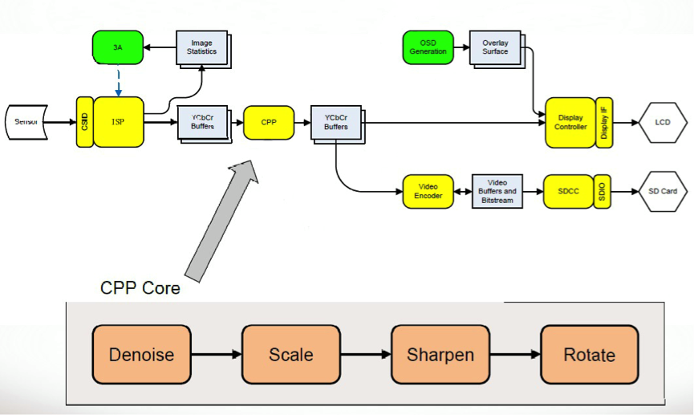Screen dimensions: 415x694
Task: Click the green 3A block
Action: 118,47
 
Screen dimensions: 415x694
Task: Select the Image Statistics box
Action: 201,48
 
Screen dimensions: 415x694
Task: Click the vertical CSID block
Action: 84,122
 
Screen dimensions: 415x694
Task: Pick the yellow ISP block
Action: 118,122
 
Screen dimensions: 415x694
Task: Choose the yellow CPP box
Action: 269,122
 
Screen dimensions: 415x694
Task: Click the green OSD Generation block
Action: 428,47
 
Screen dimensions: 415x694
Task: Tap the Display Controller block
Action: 570,122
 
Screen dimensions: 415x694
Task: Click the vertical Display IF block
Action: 604,122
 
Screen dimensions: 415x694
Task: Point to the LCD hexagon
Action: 662,122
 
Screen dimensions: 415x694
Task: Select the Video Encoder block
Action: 428,191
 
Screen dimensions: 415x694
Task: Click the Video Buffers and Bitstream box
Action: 497,191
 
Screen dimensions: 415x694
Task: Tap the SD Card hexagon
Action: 662,191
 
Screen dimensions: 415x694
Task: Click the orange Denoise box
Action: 141,355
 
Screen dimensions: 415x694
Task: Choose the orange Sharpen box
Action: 440,355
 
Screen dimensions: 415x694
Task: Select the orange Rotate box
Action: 589,355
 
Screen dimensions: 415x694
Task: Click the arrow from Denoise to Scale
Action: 216,355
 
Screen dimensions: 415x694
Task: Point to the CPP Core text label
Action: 140,287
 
